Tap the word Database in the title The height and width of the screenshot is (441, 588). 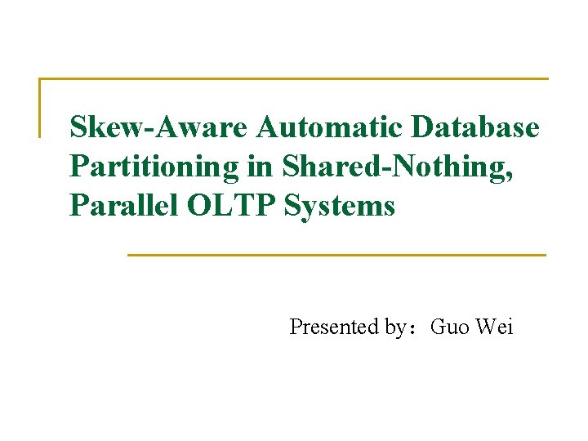click(477, 128)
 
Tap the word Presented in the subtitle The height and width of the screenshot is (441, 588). click(335, 327)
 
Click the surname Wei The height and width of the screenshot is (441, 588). click(495, 327)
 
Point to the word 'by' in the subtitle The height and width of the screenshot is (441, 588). click(396, 328)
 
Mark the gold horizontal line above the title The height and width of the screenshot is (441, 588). click(294, 79)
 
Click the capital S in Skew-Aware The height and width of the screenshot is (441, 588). click(78, 128)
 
